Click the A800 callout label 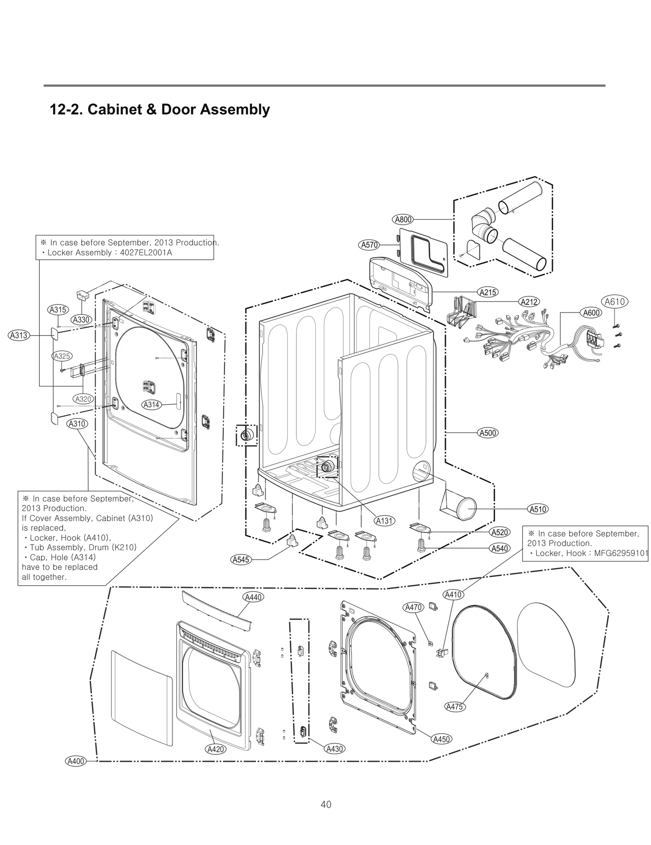pyautogui.click(x=403, y=219)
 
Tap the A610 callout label pyautogui.click(x=614, y=302)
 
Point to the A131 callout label pyautogui.click(x=384, y=520)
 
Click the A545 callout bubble pyautogui.click(x=240, y=560)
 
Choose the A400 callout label pyautogui.click(x=76, y=761)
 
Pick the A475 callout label pyautogui.click(x=455, y=707)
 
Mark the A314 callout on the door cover pyautogui.click(x=151, y=404)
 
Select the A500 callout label pyautogui.click(x=487, y=432)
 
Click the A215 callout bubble pyautogui.click(x=487, y=292)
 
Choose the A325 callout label pyautogui.click(x=62, y=356)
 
